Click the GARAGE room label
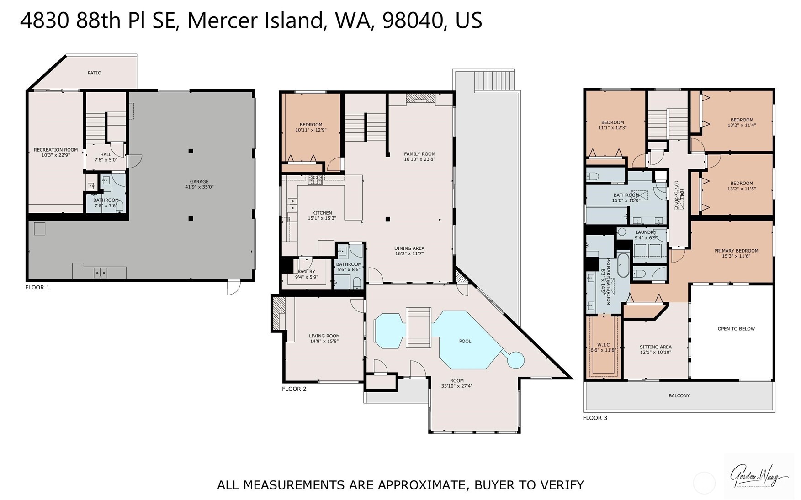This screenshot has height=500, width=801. point(199,182)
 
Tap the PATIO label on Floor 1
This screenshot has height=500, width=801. point(95,73)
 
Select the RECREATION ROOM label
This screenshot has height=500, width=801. point(56,150)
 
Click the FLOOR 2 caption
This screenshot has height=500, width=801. point(294,389)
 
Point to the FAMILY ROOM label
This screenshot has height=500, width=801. point(419,154)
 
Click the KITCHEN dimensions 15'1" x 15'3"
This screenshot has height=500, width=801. point(322,218)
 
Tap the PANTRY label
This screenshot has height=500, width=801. point(306,272)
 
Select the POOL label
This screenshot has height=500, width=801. point(465,341)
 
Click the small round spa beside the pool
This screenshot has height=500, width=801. point(516,360)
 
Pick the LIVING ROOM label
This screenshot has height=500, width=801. point(324,336)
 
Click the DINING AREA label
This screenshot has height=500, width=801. point(409,248)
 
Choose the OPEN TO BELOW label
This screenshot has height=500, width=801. point(736,329)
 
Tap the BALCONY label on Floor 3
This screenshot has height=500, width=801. point(679,395)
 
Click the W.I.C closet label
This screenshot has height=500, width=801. point(603,345)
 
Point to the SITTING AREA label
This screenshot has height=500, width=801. point(655,347)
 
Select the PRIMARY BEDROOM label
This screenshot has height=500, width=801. point(736,251)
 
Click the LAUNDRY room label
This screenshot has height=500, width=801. point(645,232)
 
